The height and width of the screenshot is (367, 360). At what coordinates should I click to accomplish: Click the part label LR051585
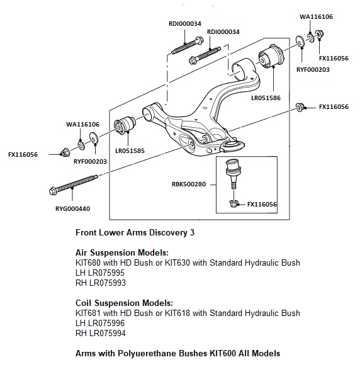coord(130,151)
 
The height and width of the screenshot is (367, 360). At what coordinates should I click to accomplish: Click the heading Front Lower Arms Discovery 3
coord(135,232)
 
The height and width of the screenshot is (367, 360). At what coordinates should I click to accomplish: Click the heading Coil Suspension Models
coord(124,303)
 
